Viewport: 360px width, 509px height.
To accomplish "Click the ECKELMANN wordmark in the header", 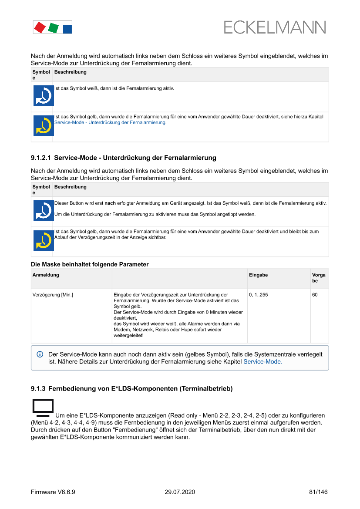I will [275, 27].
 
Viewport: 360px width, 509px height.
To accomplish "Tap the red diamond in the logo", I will [40, 27].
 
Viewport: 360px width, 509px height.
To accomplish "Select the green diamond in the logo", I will [54, 28].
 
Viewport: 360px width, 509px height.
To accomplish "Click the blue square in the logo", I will [67, 29].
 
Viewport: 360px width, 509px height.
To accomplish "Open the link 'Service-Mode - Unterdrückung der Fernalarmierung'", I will [110, 123].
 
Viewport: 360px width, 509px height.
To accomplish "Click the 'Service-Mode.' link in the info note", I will [262, 361].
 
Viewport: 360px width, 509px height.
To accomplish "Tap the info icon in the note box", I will [40, 354].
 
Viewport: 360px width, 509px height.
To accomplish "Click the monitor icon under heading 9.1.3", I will [43, 408].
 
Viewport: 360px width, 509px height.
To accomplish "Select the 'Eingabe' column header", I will [258, 275].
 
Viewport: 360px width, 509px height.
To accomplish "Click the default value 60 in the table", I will [315, 295].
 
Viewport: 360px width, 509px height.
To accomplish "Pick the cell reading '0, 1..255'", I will [258, 295].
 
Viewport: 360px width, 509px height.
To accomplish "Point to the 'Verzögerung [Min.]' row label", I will [53, 295].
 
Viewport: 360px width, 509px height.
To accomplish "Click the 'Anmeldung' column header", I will [46, 275].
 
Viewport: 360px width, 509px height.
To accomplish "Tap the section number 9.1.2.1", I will [41, 158].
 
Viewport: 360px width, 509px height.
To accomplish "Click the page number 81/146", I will [318, 492].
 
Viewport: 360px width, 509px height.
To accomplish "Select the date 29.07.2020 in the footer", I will [180, 492].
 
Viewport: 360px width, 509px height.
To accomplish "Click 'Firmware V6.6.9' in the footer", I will [53, 492].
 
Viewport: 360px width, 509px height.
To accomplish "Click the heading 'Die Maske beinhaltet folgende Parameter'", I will [90, 264].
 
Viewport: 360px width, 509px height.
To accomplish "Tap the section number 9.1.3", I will [38, 388].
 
